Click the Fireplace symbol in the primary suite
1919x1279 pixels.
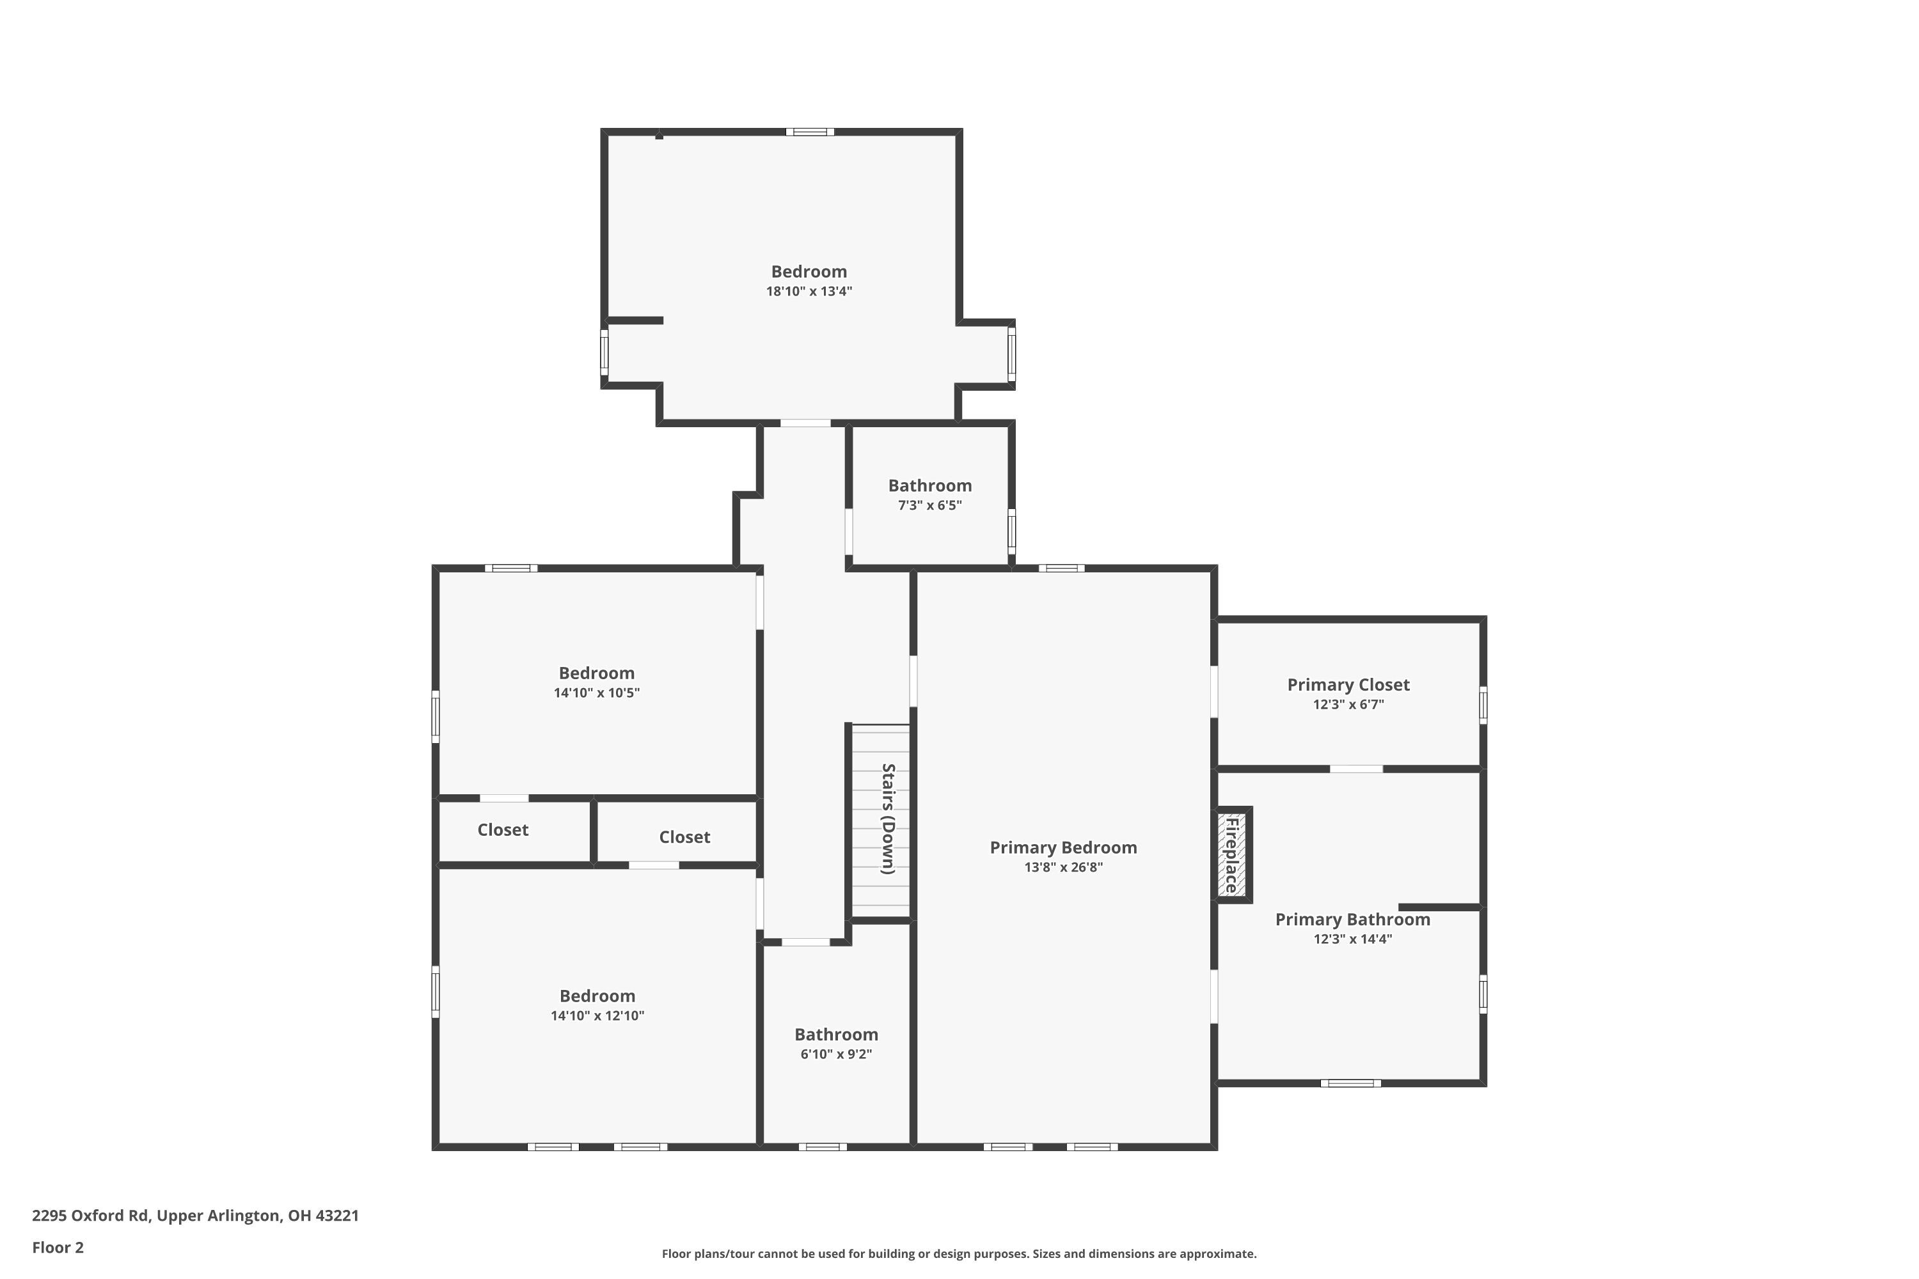(x=1233, y=855)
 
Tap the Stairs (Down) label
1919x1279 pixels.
(x=888, y=819)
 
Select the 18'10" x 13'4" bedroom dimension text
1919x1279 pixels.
(x=809, y=291)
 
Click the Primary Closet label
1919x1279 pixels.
(x=1348, y=684)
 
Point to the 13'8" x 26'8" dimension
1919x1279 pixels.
(x=1063, y=867)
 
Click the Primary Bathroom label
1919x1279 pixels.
(x=1352, y=920)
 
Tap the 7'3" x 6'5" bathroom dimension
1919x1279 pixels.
(x=929, y=505)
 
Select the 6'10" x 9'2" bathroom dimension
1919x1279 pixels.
(x=835, y=1054)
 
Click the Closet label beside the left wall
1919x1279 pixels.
(x=503, y=829)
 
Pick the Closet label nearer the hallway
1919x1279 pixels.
(x=684, y=837)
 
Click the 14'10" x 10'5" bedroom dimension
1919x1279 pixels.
(x=596, y=693)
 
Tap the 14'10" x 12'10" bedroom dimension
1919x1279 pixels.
(x=597, y=1016)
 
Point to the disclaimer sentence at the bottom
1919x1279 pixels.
(x=959, y=1253)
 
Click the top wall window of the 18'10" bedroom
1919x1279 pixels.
(x=809, y=131)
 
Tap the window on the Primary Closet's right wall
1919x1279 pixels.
(x=1483, y=705)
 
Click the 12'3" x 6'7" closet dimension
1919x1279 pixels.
(x=1348, y=704)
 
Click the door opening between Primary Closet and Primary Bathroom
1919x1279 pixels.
(x=1356, y=769)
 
